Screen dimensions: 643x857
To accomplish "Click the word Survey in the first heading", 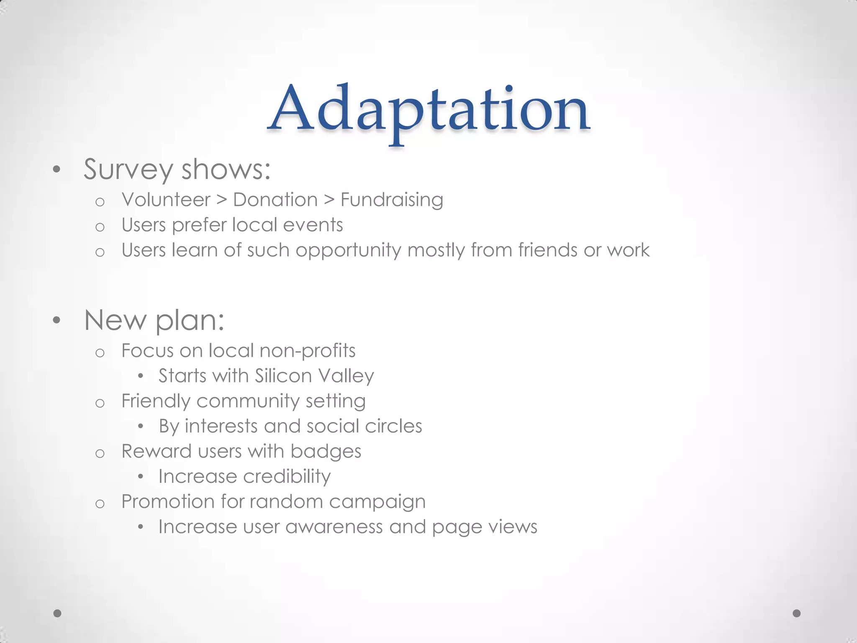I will pos(128,170).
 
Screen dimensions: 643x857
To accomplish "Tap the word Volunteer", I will pos(166,200).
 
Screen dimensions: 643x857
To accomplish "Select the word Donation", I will pos(275,200).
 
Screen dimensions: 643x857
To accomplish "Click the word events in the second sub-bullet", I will pos(313,225).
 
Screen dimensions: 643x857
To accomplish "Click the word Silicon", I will pos(283,376).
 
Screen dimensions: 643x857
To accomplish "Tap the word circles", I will pos(393,426).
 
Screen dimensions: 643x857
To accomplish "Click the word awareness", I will pos(334,527).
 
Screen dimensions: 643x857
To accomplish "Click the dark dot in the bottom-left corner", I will pos(58,613).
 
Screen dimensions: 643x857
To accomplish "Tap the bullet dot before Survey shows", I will pos(57,170).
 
